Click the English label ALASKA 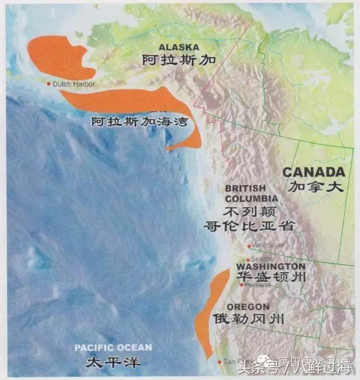pyautogui.click(x=179, y=47)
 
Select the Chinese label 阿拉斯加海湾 pyautogui.click(x=138, y=121)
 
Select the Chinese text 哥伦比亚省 pyautogui.click(x=250, y=226)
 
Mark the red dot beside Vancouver pyautogui.click(x=249, y=246)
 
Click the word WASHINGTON pyautogui.click(x=271, y=266)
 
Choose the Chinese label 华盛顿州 pyautogui.click(x=271, y=278)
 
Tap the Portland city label pyautogui.click(x=258, y=285)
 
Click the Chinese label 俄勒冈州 pyautogui.click(x=248, y=319)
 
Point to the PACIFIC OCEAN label pyautogui.click(x=113, y=348)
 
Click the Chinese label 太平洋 pyautogui.click(x=112, y=361)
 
